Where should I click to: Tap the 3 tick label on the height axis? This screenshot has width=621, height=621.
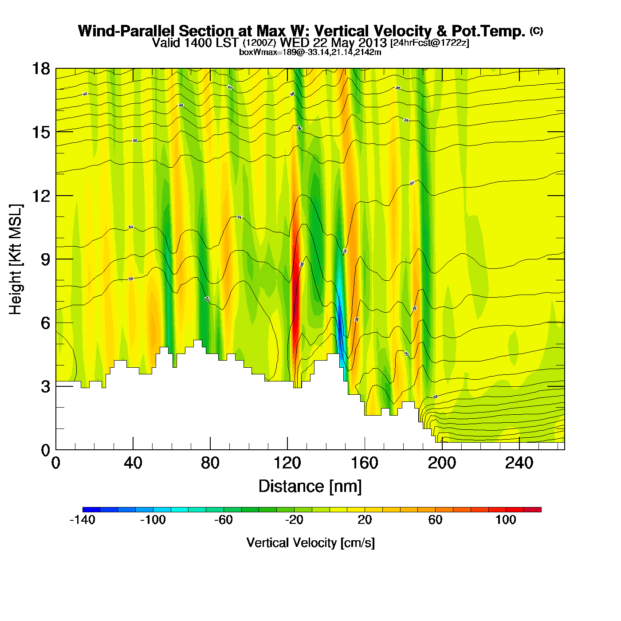45,387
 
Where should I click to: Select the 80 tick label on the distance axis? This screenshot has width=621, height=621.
210,464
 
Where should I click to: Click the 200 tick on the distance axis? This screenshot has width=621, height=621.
442,449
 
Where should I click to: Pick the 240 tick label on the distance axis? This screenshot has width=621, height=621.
519,464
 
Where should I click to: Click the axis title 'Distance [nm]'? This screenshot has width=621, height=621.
310,487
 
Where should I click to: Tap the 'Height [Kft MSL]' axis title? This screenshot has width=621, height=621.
16,259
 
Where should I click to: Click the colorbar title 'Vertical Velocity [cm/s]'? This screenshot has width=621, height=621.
310,542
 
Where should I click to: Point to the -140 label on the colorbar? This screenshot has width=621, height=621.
83,520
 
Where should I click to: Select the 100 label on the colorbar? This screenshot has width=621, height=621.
506,520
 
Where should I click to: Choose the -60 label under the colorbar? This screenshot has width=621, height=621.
224,520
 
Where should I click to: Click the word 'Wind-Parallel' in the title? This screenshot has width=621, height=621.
126,31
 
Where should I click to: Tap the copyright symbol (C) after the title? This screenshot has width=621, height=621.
536,31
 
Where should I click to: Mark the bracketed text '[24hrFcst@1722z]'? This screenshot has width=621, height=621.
429,43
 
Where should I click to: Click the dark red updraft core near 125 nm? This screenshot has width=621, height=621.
295,302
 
